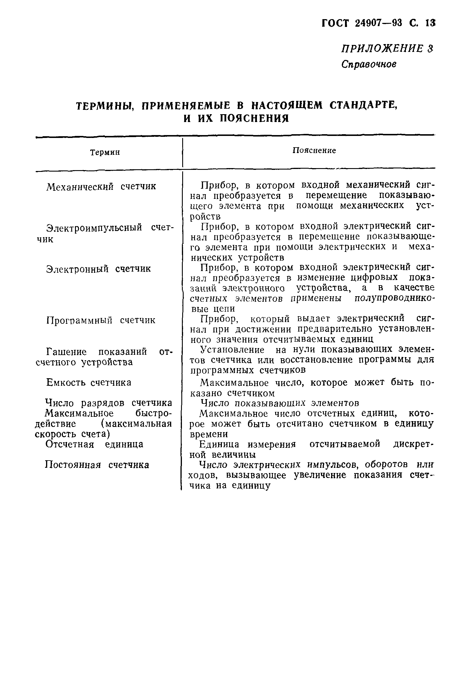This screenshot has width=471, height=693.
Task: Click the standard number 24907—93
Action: pos(379,23)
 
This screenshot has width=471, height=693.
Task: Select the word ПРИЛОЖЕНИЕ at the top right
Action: pos(382,48)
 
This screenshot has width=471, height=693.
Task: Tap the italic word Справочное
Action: pos(369,64)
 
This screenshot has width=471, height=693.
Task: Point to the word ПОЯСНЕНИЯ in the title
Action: pos(254,118)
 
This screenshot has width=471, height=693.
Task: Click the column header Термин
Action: pos(105,152)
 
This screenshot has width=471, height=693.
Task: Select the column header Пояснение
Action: pos(314,150)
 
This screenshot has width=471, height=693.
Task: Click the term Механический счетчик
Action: pos(101,187)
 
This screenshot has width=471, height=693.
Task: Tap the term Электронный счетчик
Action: pos(98,269)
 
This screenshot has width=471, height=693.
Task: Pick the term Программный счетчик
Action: pos(101,320)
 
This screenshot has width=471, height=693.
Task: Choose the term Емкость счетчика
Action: pos(89,383)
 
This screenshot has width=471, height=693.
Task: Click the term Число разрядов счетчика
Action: pos(109,403)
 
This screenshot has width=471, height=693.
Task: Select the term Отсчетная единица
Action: pos(94,444)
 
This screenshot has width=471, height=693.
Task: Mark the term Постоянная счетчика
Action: pos(97,465)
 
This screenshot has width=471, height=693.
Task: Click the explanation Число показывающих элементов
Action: pos(280,403)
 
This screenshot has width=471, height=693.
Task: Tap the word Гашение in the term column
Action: pos(66,352)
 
